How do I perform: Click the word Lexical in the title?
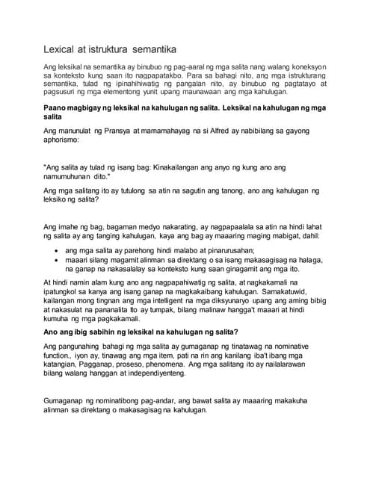tap(60, 50)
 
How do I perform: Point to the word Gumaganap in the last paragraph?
tap(68, 402)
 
